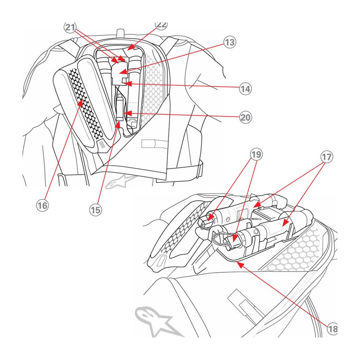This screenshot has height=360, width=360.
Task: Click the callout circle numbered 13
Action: [229, 43]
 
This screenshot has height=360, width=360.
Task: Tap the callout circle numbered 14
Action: [245, 88]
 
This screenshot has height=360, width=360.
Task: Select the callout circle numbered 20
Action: [245, 118]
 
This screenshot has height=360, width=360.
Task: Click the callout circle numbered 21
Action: [69, 27]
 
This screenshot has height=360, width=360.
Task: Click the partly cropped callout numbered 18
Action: [332, 329]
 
